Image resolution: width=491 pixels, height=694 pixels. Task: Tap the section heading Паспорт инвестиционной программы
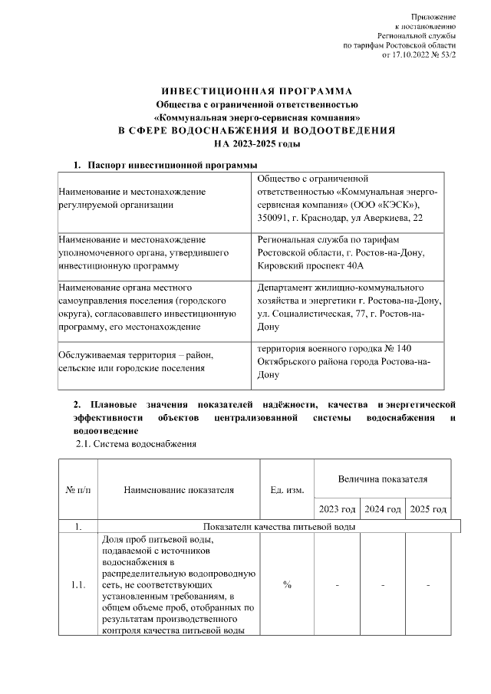click(172, 165)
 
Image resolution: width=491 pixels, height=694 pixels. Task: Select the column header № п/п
click(77, 490)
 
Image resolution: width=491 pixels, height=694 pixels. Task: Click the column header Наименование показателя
click(179, 490)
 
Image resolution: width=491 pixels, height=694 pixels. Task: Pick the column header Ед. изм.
click(287, 490)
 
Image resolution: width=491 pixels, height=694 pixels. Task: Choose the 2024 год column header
click(382, 509)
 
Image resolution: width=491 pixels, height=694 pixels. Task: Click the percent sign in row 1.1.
click(287, 585)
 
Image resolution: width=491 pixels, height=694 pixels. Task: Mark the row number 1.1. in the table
click(77, 585)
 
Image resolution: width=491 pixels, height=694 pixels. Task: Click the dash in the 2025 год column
click(428, 585)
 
